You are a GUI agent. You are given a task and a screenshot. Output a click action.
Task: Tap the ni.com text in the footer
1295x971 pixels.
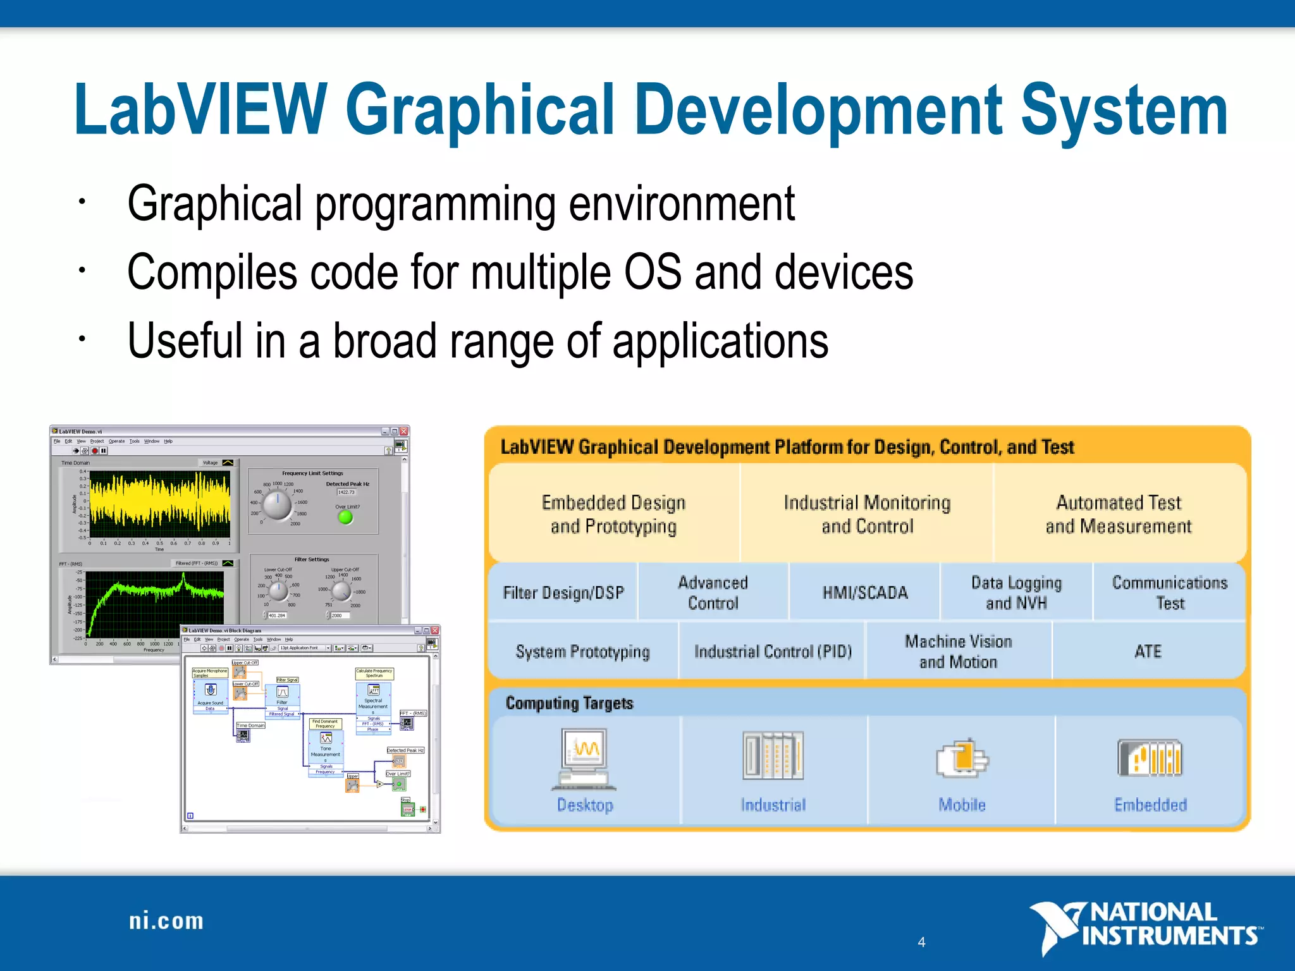tap(166, 921)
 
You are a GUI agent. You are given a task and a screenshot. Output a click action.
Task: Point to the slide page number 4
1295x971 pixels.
tap(921, 942)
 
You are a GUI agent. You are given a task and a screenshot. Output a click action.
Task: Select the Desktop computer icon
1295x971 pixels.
tap(585, 759)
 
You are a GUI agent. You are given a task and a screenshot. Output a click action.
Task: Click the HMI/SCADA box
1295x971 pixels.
tap(864, 592)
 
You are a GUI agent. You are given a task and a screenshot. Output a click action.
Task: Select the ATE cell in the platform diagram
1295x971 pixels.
tap(1148, 651)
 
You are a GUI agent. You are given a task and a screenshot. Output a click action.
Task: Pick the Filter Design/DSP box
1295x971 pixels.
tap(563, 592)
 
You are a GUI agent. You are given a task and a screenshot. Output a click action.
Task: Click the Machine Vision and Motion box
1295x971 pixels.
tap(958, 651)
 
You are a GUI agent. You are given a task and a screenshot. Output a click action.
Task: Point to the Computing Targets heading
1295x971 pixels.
tap(569, 703)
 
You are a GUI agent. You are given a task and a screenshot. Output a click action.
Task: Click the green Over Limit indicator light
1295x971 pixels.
tap(345, 517)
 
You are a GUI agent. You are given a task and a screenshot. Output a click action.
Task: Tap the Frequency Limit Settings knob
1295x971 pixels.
tap(277, 505)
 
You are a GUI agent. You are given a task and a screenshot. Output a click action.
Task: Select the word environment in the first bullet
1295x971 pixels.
tap(681, 204)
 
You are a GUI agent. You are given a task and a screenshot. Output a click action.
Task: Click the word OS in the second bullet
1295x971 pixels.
tap(653, 272)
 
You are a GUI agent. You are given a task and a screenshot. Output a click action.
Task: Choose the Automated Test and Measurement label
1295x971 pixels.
tap(1118, 514)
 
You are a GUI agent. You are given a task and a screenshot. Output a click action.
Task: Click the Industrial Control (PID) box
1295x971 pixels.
tap(773, 651)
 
